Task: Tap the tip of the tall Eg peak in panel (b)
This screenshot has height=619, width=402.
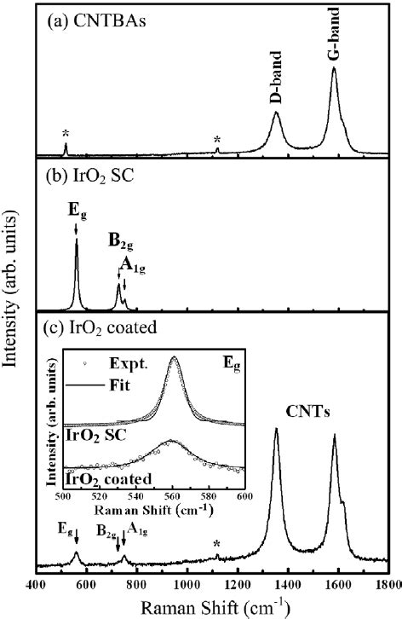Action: (77, 240)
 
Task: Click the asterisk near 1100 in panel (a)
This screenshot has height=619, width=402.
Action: (217, 139)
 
